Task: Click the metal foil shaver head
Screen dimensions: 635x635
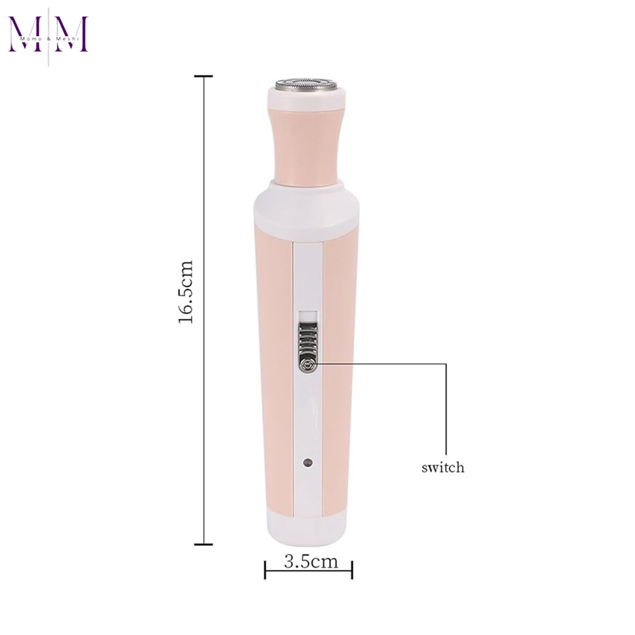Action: (308, 84)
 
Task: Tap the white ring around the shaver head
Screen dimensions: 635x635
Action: (308, 100)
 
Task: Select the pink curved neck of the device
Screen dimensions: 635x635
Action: (308, 146)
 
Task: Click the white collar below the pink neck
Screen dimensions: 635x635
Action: (308, 206)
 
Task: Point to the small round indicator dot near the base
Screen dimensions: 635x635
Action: (307, 462)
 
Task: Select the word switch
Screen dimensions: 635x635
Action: (443, 468)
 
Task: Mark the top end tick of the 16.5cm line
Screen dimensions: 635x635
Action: (203, 76)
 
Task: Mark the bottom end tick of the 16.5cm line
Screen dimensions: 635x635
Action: (203, 544)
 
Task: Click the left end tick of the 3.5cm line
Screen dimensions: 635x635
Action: (265, 569)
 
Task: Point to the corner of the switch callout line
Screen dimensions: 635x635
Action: (446, 364)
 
